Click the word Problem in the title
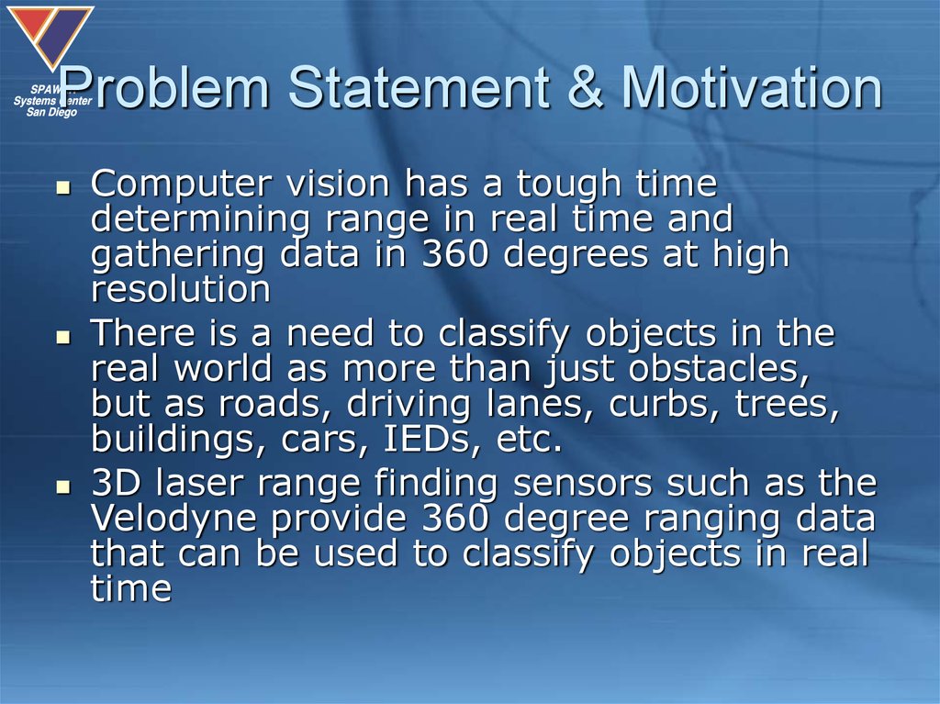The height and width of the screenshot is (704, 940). [x=163, y=87]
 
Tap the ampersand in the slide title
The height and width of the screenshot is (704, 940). [x=585, y=87]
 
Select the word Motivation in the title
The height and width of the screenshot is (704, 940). [x=751, y=87]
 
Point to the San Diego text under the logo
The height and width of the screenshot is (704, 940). [x=51, y=112]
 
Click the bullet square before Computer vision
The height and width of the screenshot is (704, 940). [x=63, y=188]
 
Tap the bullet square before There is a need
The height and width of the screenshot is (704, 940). [x=63, y=338]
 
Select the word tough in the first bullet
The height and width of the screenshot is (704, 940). [x=568, y=184]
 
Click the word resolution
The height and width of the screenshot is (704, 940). [x=181, y=289]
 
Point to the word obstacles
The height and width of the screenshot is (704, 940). [x=719, y=368]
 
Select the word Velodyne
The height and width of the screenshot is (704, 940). [x=173, y=520]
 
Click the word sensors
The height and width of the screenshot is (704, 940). [x=582, y=484]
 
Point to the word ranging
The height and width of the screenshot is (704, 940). [x=711, y=520]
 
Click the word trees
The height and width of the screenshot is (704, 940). [x=787, y=403]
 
